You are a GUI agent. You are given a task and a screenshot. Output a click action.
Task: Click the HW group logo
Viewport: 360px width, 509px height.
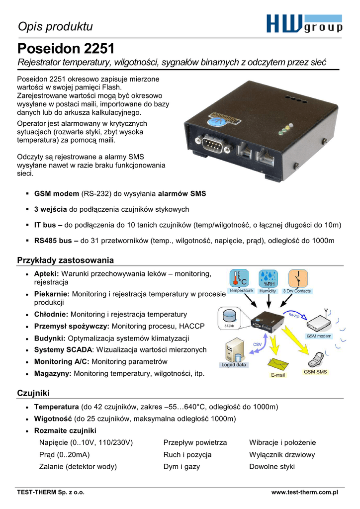304,24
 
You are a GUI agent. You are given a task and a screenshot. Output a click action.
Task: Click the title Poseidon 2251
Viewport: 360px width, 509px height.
66,49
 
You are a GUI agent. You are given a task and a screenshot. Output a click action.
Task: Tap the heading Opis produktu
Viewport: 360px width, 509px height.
55,26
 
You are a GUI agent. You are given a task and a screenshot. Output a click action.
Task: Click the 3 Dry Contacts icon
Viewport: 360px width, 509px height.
297,279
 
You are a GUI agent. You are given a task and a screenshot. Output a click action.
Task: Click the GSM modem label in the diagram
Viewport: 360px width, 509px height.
318,336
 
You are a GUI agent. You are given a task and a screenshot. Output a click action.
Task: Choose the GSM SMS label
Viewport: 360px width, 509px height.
315,372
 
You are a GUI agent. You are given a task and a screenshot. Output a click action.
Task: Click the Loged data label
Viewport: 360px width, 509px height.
234,365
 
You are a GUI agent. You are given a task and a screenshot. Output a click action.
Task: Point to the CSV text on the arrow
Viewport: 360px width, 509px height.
258,344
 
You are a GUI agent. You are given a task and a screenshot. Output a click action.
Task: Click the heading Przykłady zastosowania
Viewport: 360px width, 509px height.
66,260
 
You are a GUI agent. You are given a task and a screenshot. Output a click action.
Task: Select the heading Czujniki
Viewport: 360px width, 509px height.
33,393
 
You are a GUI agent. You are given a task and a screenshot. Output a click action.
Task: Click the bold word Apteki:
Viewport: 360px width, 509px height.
47,273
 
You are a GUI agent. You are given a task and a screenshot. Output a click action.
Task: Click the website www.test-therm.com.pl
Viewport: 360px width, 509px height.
304,492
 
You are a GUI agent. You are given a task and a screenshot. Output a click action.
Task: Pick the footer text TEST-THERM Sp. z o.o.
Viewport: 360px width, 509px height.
51,492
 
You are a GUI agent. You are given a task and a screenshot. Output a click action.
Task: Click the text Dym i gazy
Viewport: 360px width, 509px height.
181,467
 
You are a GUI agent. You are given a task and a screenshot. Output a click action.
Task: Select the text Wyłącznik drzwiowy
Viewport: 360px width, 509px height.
282,454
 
